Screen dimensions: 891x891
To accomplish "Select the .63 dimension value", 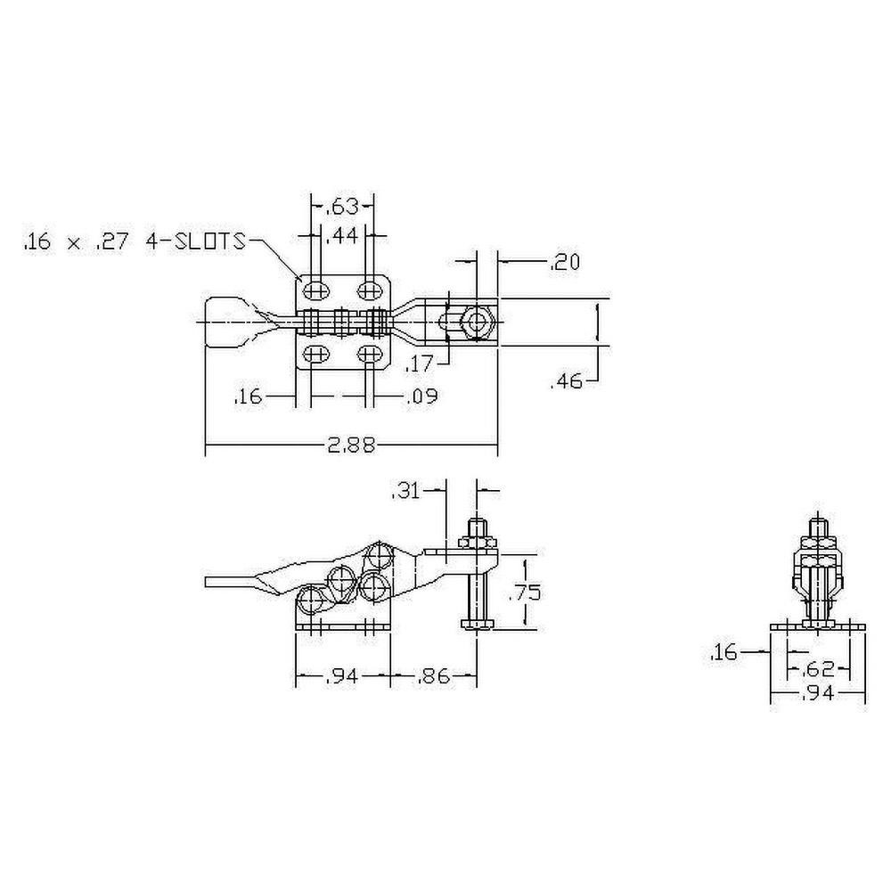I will tap(341, 208).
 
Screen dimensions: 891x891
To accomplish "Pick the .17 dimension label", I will tap(420, 364).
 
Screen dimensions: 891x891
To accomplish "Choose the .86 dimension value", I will tap(433, 678).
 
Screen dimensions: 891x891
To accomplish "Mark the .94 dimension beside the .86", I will tap(342, 678).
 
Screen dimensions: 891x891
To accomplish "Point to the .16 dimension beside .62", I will tap(725, 654).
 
